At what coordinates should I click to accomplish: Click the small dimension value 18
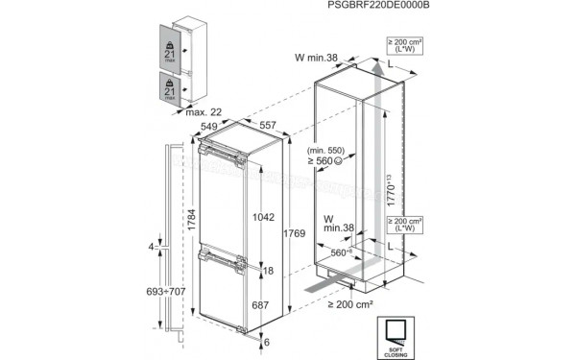[269, 272]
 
